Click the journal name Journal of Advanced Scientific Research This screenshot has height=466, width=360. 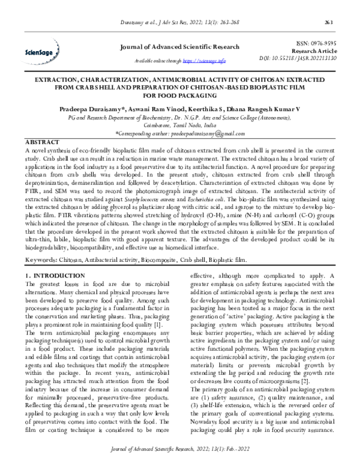[x=179, y=47]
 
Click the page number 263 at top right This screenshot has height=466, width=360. [x=345, y=23]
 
